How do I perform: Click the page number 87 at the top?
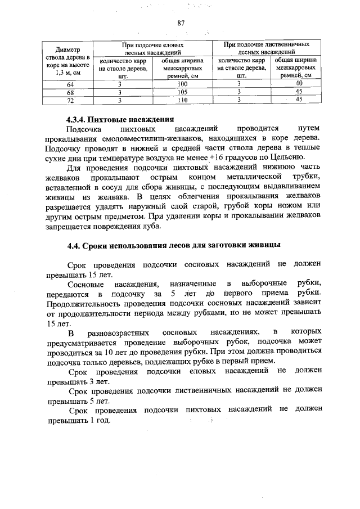pos(181,23)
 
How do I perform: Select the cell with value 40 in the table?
pos(299,84)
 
